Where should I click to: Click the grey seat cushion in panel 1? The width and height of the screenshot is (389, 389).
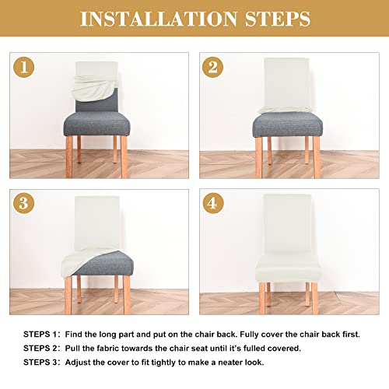tap(98, 125)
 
